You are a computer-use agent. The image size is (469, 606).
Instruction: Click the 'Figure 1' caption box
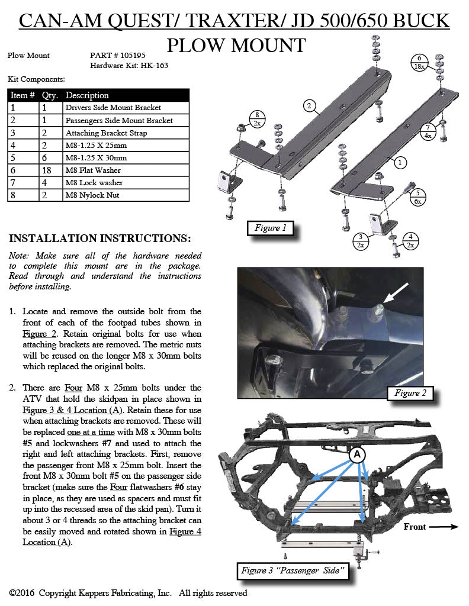pyautogui.click(x=271, y=228)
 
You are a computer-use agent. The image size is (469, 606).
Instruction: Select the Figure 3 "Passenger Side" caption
pyautogui.click(x=293, y=571)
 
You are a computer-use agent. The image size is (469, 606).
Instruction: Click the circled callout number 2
pyautogui.click(x=309, y=106)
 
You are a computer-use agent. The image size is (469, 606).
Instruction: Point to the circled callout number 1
pyautogui.click(x=400, y=161)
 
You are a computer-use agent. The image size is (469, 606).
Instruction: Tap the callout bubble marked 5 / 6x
pyautogui.click(x=418, y=196)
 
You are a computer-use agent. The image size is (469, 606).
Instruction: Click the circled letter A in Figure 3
pyautogui.click(x=357, y=454)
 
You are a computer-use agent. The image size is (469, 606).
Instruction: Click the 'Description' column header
pyautogui.click(x=87, y=95)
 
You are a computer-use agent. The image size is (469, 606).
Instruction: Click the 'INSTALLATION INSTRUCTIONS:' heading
pyautogui.click(x=100, y=238)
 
